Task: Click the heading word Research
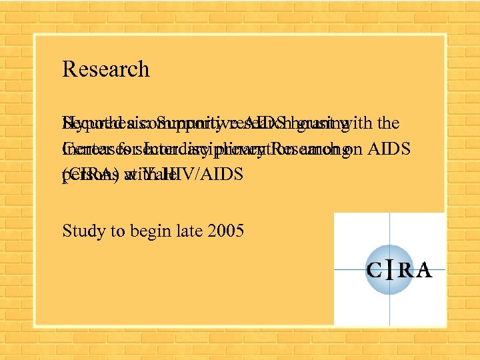pyautogui.click(x=105, y=69)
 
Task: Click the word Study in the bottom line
pyautogui.click(x=78, y=231)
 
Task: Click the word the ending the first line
pyautogui.click(x=387, y=123)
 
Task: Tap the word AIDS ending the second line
pyautogui.click(x=395, y=149)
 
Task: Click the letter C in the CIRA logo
pyautogui.click(x=374, y=271)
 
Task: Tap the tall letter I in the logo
pyautogui.click(x=389, y=269)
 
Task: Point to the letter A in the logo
pyautogui.click(x=424, y=271)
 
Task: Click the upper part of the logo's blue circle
pyautogui.click(x=389, y=250)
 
